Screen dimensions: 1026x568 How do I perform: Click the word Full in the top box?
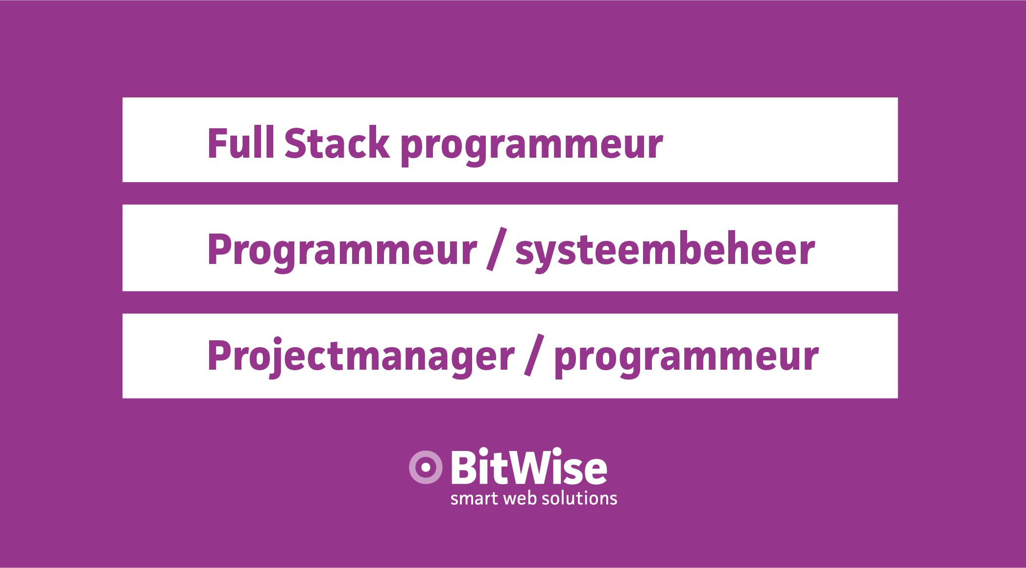point(240,142)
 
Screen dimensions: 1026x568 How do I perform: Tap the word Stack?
point(337,142)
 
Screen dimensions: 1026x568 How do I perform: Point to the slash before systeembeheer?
point(497,249)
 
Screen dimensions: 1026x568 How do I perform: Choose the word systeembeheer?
point(665,251)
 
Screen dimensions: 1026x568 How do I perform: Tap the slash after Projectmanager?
point(534,355)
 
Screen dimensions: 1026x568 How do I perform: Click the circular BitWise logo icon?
point(426,467)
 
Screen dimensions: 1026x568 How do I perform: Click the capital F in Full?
point(218,143)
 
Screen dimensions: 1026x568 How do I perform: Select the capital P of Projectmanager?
point(219,356)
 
